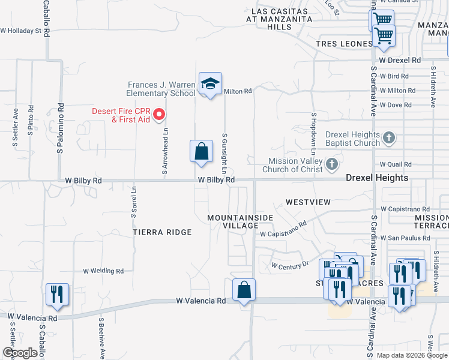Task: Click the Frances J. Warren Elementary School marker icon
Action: click(210, 84)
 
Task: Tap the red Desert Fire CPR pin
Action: click(159, 113)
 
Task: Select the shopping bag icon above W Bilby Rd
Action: click(202, 151)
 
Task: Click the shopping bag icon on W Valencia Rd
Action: click(244, 290)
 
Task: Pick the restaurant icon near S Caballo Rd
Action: click(58, 295)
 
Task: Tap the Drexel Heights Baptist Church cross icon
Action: click(389, 139)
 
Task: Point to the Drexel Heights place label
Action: click(377, 178)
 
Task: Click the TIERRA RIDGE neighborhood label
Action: click(162, 232)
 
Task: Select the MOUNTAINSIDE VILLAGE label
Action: click(240, 221)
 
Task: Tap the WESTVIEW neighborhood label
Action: click(308, 202)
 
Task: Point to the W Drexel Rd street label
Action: click(400, 61)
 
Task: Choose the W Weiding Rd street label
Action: click(103, 271)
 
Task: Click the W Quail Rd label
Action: click(396, 164)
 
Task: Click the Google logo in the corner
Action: click(20, 353)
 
